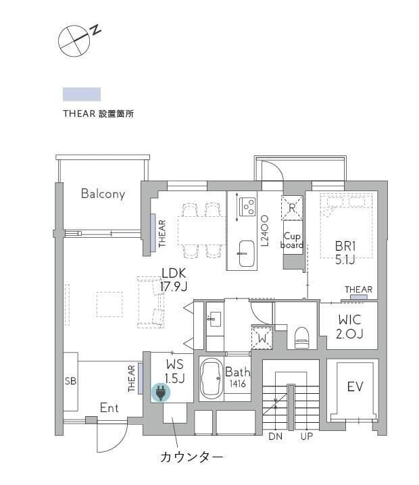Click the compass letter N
(x=97, y=30)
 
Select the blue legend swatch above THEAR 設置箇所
(x=82, y=94)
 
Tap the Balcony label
(x=103, y=194)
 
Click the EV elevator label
(x=355, y=387)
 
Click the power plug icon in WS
(x=160, y=392)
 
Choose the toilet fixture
(x=301, y=337)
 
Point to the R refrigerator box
(x=292, y=208)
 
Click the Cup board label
(x=292, y=240)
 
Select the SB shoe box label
(x=70, y=381)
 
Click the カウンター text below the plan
(x=191, y=457)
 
